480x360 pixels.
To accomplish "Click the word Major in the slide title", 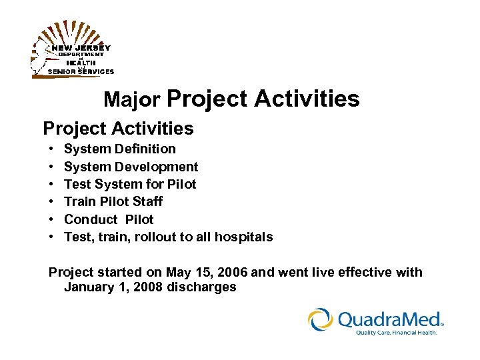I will pos(132,100).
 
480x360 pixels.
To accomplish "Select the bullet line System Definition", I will pos(119,149).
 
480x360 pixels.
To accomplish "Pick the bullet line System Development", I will pos(131,167).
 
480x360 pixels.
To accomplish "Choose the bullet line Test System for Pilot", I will pos(130,184).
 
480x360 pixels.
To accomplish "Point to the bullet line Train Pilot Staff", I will pos(113,201).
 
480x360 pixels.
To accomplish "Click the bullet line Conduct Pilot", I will pos(109,219).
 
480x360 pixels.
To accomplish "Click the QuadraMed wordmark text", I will pos(390,319).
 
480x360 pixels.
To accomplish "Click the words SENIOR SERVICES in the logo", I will pos(81,71).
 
